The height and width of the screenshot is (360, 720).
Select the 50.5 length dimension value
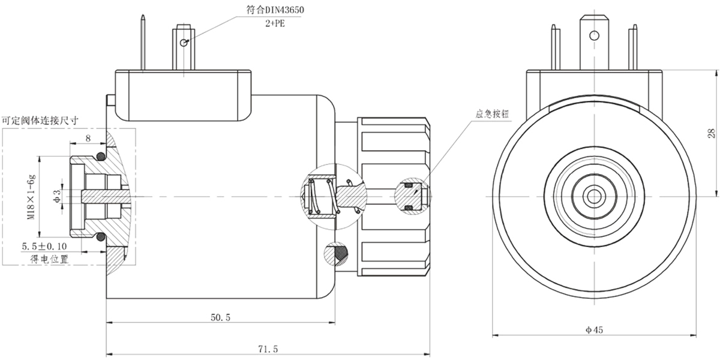pyautogui.click(x=220, y=318)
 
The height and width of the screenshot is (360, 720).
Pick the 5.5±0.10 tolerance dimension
pyautogui.click(x=46, y=247)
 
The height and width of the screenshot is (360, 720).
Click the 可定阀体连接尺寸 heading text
pyautogui.click(x=40, y=120)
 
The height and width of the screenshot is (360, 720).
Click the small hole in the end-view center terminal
pyautogui.click(x=594, y=35)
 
